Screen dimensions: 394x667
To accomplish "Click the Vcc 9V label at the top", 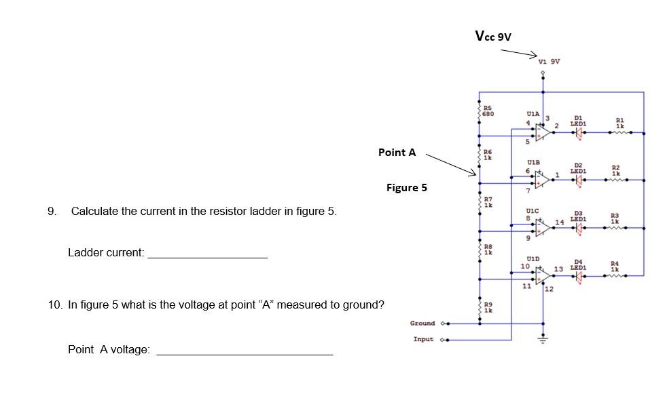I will [493, 37].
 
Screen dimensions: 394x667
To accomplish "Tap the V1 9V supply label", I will [548, 62].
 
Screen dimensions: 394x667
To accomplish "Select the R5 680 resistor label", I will [488, 111].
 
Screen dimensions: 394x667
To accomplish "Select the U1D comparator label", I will [533, 258].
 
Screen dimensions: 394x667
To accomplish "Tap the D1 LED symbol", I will [578, 132].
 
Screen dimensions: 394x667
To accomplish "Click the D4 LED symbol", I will [578, 276].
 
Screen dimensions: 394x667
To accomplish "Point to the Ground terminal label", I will [422, 323].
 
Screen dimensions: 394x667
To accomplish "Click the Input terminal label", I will [425, 339].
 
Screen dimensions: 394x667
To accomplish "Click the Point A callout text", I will [397, 153].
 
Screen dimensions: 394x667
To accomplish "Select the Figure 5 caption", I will [406, 188].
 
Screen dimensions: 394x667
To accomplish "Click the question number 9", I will [52, 211].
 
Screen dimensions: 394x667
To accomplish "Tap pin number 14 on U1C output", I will [559, 222].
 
